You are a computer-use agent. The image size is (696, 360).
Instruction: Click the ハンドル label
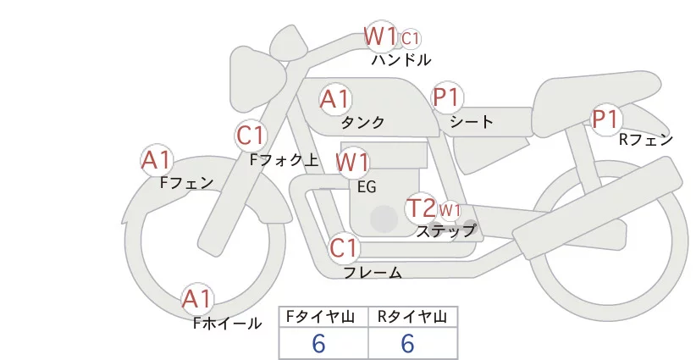tap(401, 60)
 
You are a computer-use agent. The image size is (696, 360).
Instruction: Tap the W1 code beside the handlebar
tap(381, 36)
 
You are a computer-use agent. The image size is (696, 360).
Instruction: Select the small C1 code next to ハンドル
tap(411, 38)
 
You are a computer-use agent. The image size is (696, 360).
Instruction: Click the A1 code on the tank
tap(334, 99)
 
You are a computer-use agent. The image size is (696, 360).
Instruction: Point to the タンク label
tap(363, 123)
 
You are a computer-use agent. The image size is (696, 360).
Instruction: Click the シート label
tap(472, 122)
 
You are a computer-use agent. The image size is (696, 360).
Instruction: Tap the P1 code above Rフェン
tap(605, 119)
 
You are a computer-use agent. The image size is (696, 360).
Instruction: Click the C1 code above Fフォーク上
tap(251, 135)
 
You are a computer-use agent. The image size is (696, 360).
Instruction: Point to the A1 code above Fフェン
tap(156, 159)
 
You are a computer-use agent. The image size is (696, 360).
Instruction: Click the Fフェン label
tap(186, 182)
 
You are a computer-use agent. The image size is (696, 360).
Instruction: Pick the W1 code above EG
tap(352, 162)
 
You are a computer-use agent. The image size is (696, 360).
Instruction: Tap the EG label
tap(367, 186)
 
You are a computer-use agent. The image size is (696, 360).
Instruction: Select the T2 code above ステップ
tap(421, 208)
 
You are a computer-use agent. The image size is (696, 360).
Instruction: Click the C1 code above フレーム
tap(345, 249)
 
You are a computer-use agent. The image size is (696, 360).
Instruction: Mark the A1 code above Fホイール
tap(198, 299)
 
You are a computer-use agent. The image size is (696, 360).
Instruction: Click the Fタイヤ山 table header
tap(323, 317)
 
